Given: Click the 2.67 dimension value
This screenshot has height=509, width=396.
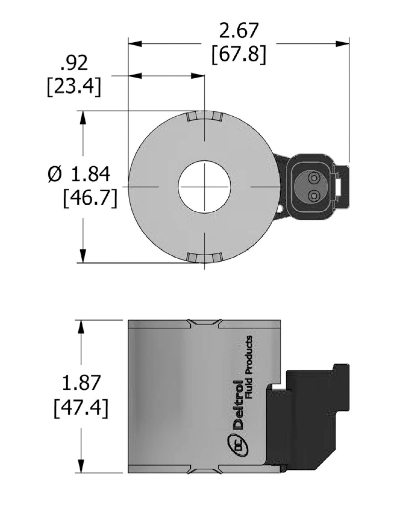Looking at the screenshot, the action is [239, 30].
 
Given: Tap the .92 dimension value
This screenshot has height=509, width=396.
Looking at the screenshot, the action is [74, 63].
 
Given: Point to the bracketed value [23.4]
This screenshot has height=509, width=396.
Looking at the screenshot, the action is [74, 87].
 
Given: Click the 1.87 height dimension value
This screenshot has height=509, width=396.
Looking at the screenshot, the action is [81, 383].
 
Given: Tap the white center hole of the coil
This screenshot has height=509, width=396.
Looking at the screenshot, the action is [204, 187].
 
